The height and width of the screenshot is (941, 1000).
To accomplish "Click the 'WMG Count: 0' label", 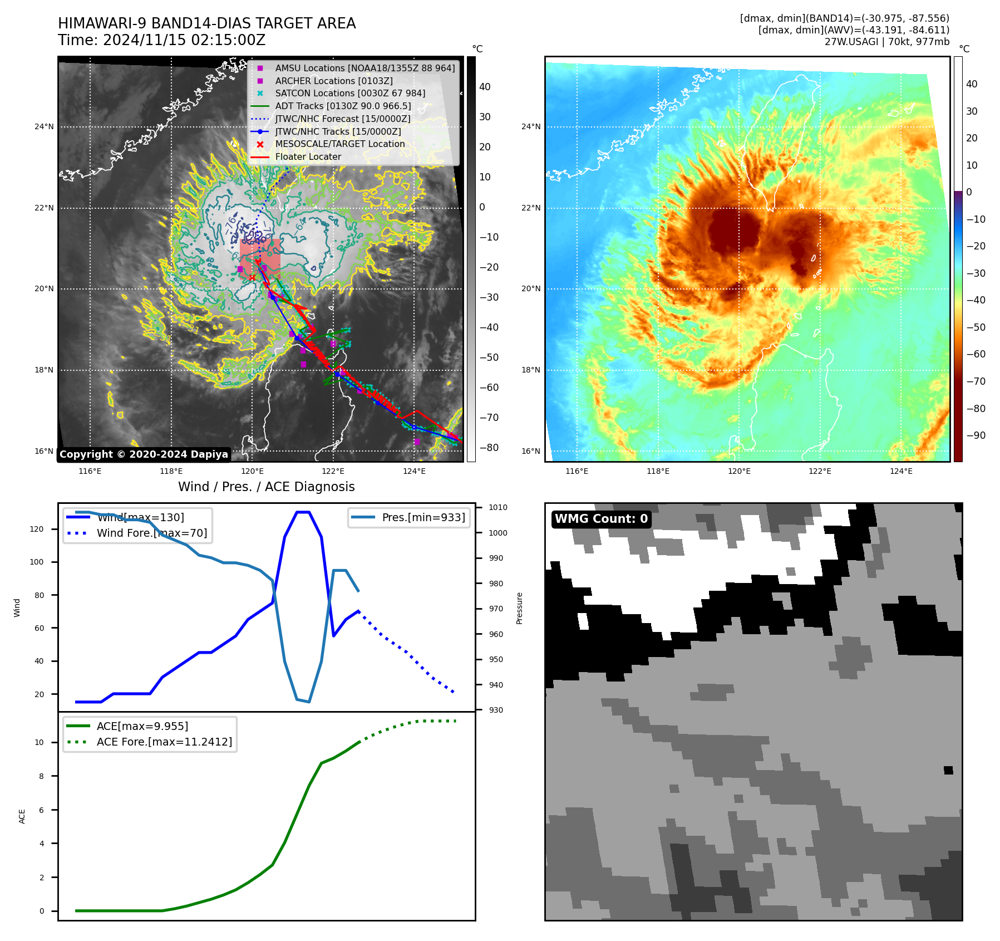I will tap(601, 519).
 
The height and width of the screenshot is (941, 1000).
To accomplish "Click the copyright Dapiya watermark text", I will tap(144, 454).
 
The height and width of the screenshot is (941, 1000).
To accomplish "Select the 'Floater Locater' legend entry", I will tap(308, 157).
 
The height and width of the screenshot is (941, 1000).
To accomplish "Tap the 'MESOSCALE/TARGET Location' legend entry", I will tap(339, 144).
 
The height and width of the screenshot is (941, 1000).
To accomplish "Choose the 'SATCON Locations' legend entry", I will tap(349, 94).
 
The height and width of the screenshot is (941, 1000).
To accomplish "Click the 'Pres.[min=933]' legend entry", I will tap(423, 517).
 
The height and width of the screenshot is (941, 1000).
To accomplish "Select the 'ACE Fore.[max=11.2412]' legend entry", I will tap(164, 742).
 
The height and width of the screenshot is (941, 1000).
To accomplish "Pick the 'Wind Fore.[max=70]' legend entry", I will tap(151, 533).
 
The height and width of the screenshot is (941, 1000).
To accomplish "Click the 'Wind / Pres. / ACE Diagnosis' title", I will tap(266, 487).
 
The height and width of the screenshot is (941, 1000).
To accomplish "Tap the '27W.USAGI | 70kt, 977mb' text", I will tap(886, 42).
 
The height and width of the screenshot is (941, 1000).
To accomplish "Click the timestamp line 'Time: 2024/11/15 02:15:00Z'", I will tap(161, 41).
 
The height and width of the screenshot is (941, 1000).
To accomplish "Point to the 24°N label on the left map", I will tap(44, 127).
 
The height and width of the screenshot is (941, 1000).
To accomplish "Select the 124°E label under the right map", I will tap(901, 471).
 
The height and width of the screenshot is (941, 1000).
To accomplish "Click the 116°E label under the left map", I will tap(90, 471).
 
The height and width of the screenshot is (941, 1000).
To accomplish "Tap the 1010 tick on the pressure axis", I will tap(497, 508).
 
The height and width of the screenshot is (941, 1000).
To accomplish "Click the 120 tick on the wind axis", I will tap(37, 529).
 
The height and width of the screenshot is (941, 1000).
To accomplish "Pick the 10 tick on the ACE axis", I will tap(39, 742).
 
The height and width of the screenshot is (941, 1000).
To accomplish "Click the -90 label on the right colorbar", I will tap(976, 435).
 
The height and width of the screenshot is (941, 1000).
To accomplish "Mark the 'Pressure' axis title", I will tap(519, 608).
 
